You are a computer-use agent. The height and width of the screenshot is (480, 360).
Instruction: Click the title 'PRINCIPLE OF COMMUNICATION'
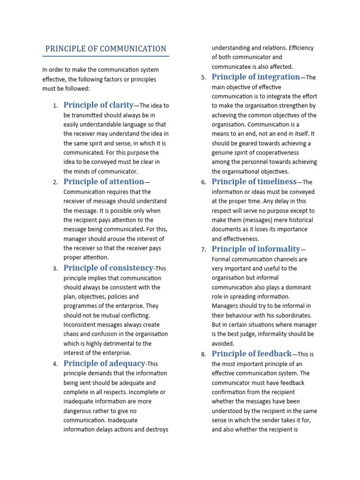click(x=105, y=49)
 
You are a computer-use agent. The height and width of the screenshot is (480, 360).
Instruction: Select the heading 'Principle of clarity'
click(x=98, y=105)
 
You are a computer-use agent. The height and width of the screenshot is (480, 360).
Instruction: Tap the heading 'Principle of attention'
click(x=104, y=181)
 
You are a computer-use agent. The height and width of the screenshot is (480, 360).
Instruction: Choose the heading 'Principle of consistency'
click(x=108, y=268)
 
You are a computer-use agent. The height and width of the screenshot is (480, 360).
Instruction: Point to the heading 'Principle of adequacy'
click(x=105, y=363)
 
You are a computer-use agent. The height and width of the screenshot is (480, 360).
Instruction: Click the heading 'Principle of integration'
click(x=255, y=77)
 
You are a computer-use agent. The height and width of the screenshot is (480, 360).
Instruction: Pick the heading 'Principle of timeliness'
click(x=254, y=181)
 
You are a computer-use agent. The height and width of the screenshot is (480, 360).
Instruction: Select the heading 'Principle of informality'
click(x=256, y=249)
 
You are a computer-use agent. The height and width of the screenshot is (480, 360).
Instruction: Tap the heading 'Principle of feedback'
click(x=251, y=354)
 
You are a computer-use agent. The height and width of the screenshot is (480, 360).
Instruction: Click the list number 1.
click(x=55, y=106)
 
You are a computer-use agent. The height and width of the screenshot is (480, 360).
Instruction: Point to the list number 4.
click(x=55, y=364)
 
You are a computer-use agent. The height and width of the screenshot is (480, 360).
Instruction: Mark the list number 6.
click(x=203, y=182)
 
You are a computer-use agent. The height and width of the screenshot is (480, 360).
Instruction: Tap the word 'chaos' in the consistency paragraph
click(x=72, y=334)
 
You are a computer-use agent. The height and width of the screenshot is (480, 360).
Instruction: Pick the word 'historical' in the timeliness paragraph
click(x=298, y=220)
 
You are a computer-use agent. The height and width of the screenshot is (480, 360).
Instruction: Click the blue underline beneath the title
click(x=105, y=56)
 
